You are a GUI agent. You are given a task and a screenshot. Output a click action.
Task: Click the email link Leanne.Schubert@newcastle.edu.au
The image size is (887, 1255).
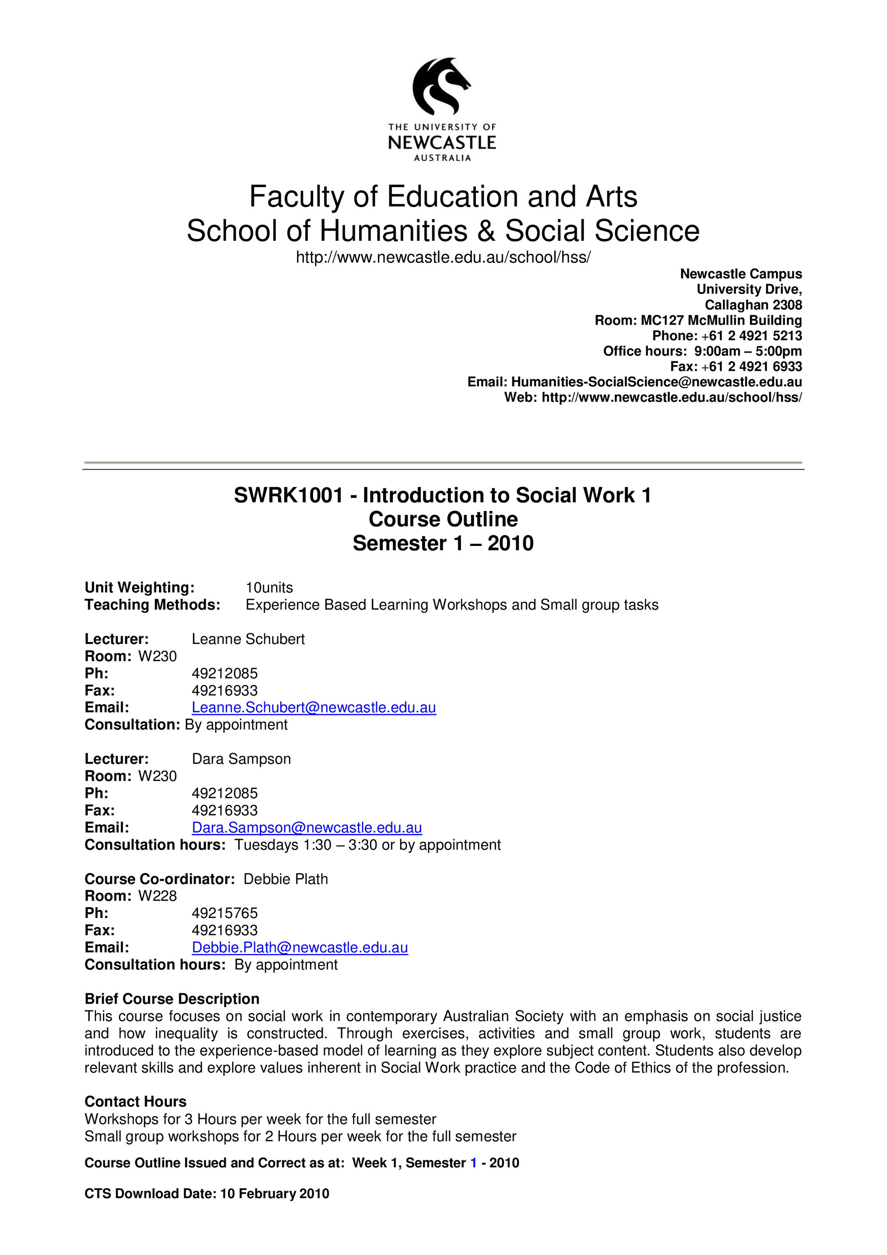coord(313,707)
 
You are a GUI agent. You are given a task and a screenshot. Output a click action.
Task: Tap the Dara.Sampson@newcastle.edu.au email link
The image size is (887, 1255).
coord(306,828)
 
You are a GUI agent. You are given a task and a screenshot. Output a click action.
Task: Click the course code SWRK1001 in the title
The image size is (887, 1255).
coord(288,495)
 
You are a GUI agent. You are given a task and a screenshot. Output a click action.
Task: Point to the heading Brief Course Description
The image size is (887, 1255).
coord(172,999)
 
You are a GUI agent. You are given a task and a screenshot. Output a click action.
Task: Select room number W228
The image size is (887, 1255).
coord(157,896)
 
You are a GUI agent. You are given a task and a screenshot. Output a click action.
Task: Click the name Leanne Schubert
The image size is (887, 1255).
coord(248,639)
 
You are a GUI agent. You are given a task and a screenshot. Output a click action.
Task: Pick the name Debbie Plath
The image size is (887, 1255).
coord(285,879)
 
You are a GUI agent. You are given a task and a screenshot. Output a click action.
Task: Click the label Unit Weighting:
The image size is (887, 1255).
coord(139,588)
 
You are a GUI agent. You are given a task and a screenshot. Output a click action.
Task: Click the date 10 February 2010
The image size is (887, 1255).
coord(275,1193)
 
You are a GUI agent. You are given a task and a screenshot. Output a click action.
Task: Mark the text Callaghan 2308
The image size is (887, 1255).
coord(753,305)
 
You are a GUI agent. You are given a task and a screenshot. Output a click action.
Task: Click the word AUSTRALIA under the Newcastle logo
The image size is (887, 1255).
coord(442,158)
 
